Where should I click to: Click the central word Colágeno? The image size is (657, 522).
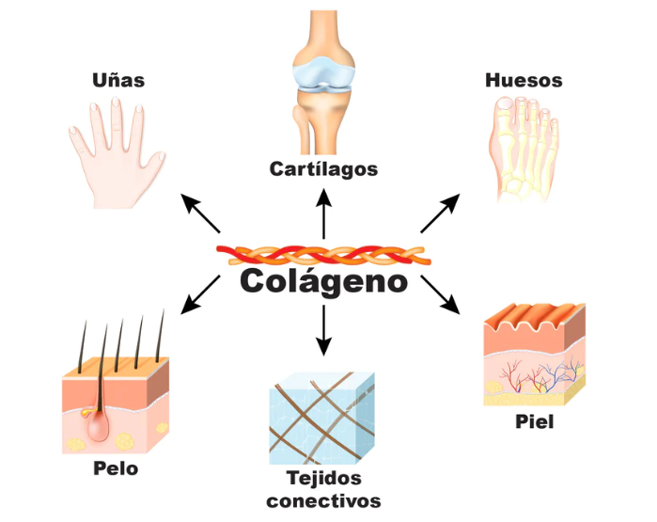[x=323, y=282]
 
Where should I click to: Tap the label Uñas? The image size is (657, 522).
[x=118, y=80]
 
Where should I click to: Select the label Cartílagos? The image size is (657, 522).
[x=323, y=169]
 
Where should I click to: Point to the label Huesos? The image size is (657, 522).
[x=524, y=80]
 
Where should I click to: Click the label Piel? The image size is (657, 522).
[x=534, y=421]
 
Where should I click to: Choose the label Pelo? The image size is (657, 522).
[x=116, y=468]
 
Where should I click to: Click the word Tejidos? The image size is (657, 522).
[x=323, y=479]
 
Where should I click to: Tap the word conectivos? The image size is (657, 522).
[x=323, y=501]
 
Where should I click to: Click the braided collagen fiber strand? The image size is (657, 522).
[x=323, y=255]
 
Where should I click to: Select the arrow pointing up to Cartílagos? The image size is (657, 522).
[x=323, y=214]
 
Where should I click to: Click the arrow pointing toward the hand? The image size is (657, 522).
[x=200, y=214]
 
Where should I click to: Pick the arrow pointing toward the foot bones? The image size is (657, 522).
[x=440, y=214]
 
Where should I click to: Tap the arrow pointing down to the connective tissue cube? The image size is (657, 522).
[x=323, y=330]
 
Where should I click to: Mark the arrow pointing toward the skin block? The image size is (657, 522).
[x=441, y=294]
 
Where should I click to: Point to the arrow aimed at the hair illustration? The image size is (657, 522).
[x=200, y=294]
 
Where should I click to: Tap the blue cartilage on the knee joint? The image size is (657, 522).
[x=323, y=72]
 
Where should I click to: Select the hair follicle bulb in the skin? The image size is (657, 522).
[x=98, y=424]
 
